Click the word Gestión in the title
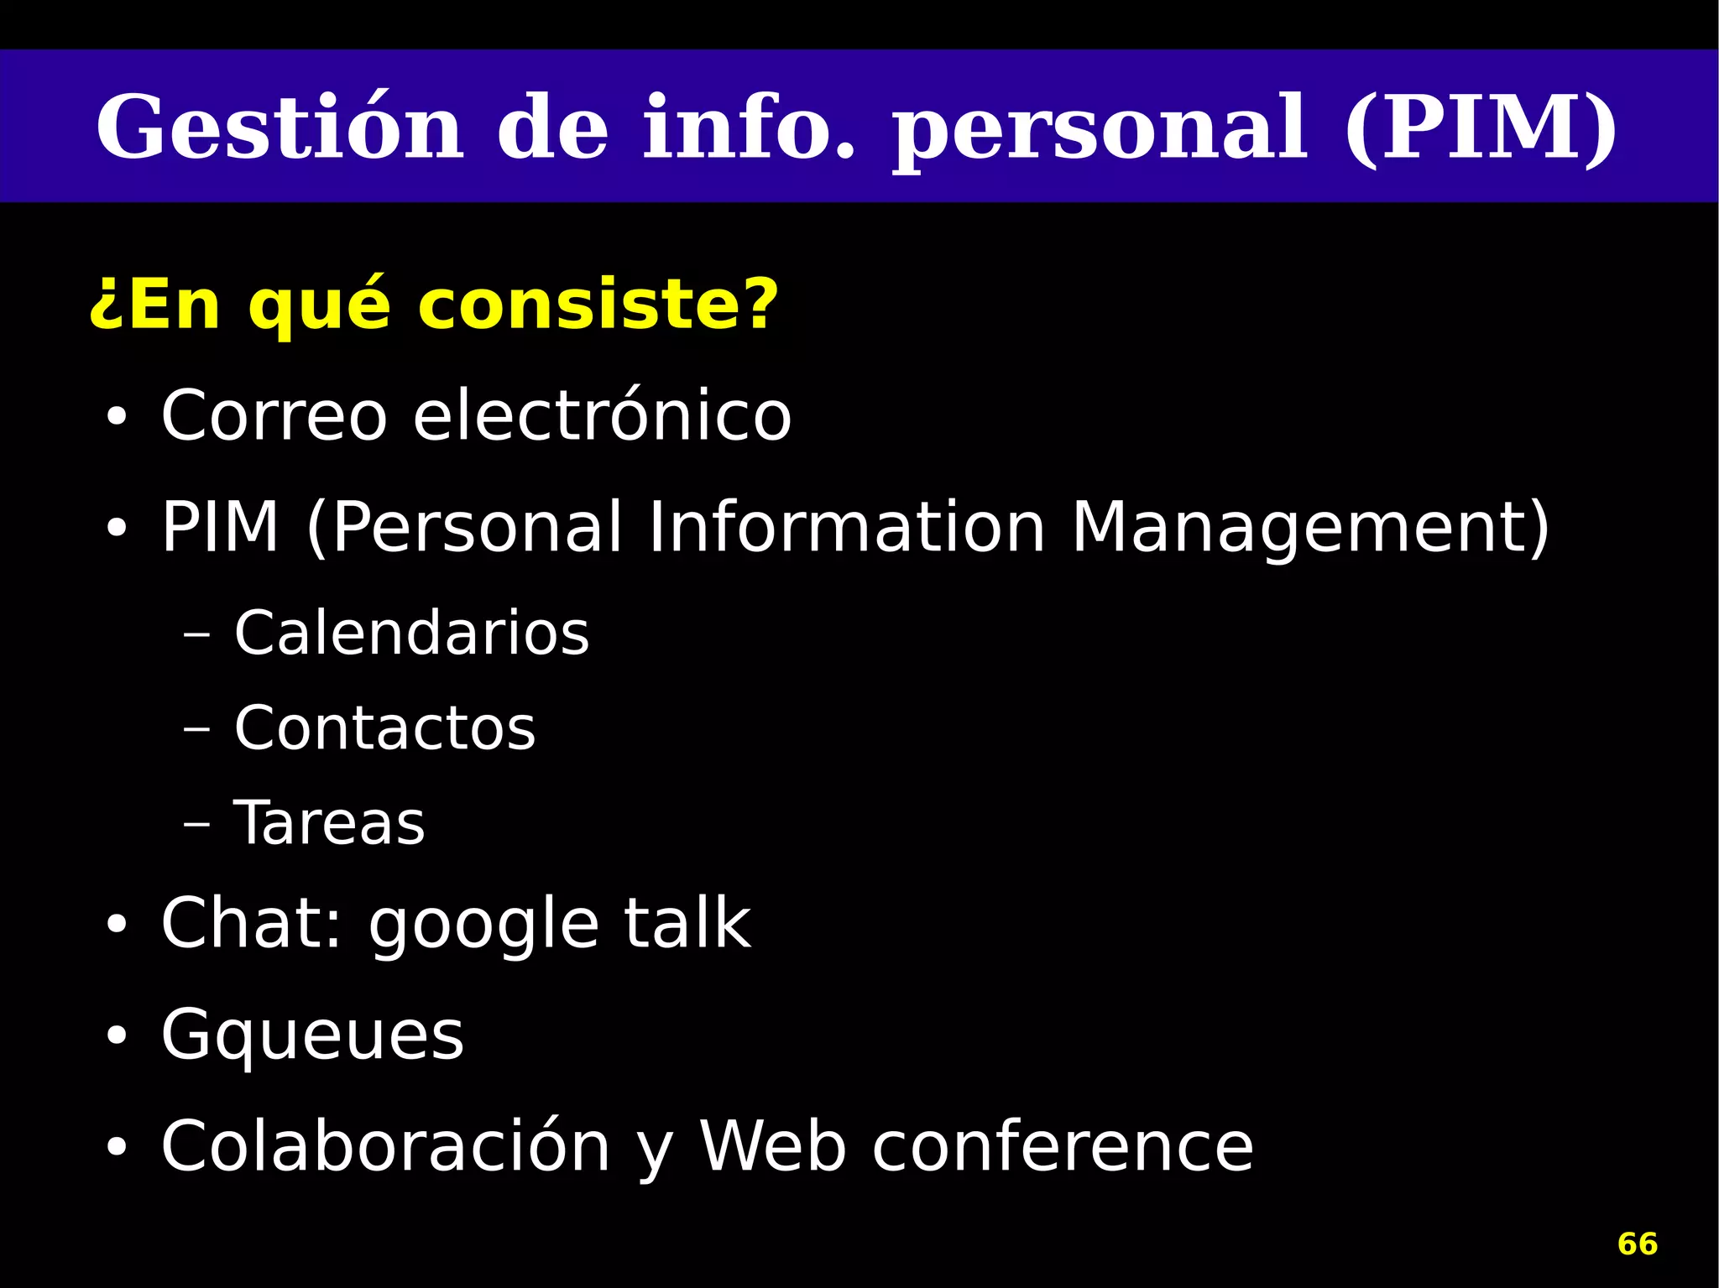pyautogui.click(x=280, y=128)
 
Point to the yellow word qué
pyautogui.click(x=320, y=306)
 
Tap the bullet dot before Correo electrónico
pyautogui.click(x=116, y=417)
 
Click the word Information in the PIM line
pyautogui.click(x=846, y=527)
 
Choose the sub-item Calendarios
pyautogui.click(x=411, y=633)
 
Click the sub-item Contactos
pyautogui.click(x=384, y=727)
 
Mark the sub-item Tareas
pyautogui.click(x=329, y=823)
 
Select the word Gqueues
pyautogui.click(x=312, y=1035)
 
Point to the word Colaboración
pyautogui.click(x=385, y=1146)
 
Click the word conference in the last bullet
pyautogui.click(x=1062, y=1146)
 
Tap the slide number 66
pyautogui.click(x=1637, y=1244)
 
